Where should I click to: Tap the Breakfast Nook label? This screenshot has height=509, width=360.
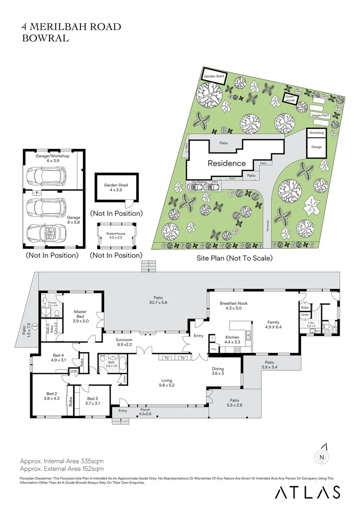click(x=230, y=305)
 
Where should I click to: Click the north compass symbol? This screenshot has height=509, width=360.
click(x=321, y=456)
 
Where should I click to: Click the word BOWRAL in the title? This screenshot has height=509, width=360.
click(x=46, y=38)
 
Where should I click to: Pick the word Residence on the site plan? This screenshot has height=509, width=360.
click(x=227, y=163)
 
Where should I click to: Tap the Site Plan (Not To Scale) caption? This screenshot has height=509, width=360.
click(x=235, y=258)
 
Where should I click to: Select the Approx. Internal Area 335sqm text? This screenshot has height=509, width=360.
click(x=61, y=460)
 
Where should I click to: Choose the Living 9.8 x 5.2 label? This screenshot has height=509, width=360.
click(x=166, y=383)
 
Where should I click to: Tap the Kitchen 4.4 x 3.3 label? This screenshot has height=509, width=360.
click(x=232, y=340)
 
